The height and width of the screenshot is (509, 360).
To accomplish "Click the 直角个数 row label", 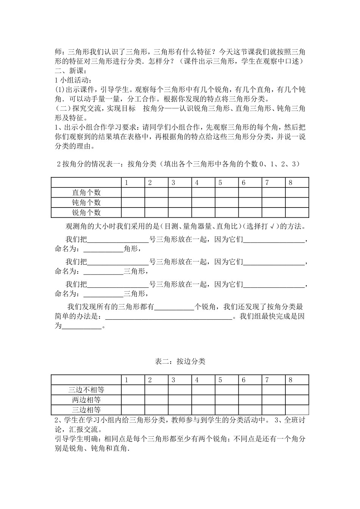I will click(x=86, y=192).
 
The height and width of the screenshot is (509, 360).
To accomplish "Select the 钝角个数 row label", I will click(x=86, y=203).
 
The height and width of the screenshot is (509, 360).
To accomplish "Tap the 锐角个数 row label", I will click(x=86, y=212).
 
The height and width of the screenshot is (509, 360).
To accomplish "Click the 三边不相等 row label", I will click(x=86, y=389).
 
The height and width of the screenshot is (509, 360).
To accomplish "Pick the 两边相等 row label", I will click(x=86, y=400).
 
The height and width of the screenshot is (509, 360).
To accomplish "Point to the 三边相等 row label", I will click(x=86, y=409).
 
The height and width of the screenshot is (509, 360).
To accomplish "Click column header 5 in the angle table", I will click(x=220, y=183).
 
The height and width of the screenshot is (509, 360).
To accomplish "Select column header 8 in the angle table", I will click(x=291, y=183).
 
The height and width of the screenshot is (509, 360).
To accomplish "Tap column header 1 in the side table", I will click(x=127, y=380).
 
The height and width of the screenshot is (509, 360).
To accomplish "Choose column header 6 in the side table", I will click(x=244, y=380).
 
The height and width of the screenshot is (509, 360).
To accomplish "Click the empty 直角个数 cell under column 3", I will click(x=180, y=192).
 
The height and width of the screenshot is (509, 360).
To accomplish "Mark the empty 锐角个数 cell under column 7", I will click(x=274, y=212).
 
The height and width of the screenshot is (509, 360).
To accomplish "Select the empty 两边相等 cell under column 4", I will click(x=203, y=400).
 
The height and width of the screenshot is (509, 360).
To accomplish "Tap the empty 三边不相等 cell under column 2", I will click(x=157, y=389).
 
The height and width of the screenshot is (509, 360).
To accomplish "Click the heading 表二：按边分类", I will click(x=180, y=361).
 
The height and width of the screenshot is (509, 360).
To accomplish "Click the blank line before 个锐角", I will click(x=174, y=307).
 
